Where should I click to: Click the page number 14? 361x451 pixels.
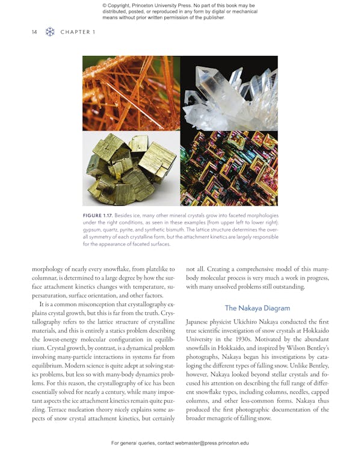[x=34, y=32]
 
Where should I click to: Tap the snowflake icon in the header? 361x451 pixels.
[x=50, y=32]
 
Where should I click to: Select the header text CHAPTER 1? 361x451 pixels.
[x=78, y=32]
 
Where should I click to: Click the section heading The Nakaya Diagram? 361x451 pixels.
[x=258, y=308]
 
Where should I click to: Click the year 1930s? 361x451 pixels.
[x=245, y=340]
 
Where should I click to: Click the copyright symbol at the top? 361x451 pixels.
[x=105, y=6]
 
